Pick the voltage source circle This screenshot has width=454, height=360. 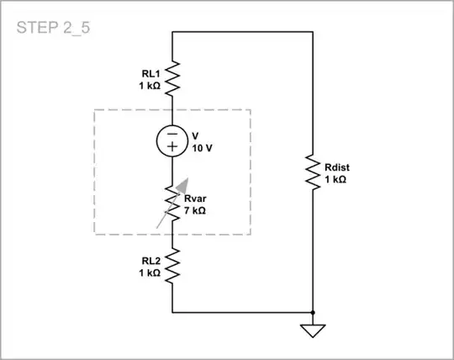click(172, 140)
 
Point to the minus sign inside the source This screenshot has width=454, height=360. click(172, 132)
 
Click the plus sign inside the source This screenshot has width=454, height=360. click(172, 147)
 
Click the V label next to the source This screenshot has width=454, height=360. click(195, 135)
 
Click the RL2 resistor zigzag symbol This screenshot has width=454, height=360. click(172, 266)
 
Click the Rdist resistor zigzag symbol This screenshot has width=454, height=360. click(313, 172)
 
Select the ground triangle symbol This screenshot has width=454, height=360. click(313, 331)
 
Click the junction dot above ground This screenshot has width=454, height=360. click(313, 312)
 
